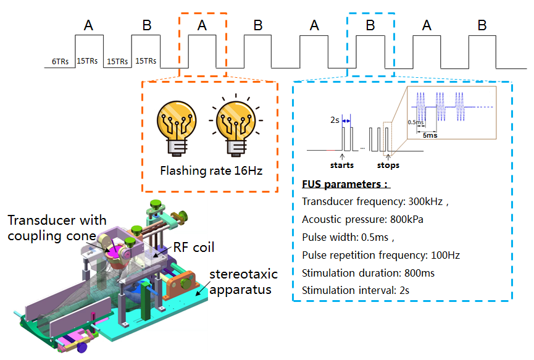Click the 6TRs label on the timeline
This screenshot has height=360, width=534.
60,62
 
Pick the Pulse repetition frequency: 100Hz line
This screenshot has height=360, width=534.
381,255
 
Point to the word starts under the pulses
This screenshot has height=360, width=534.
343,165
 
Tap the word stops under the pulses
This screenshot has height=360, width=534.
388,165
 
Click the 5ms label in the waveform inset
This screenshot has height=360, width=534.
430,135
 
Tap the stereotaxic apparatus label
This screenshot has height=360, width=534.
241,281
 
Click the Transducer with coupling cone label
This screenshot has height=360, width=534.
57,227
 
